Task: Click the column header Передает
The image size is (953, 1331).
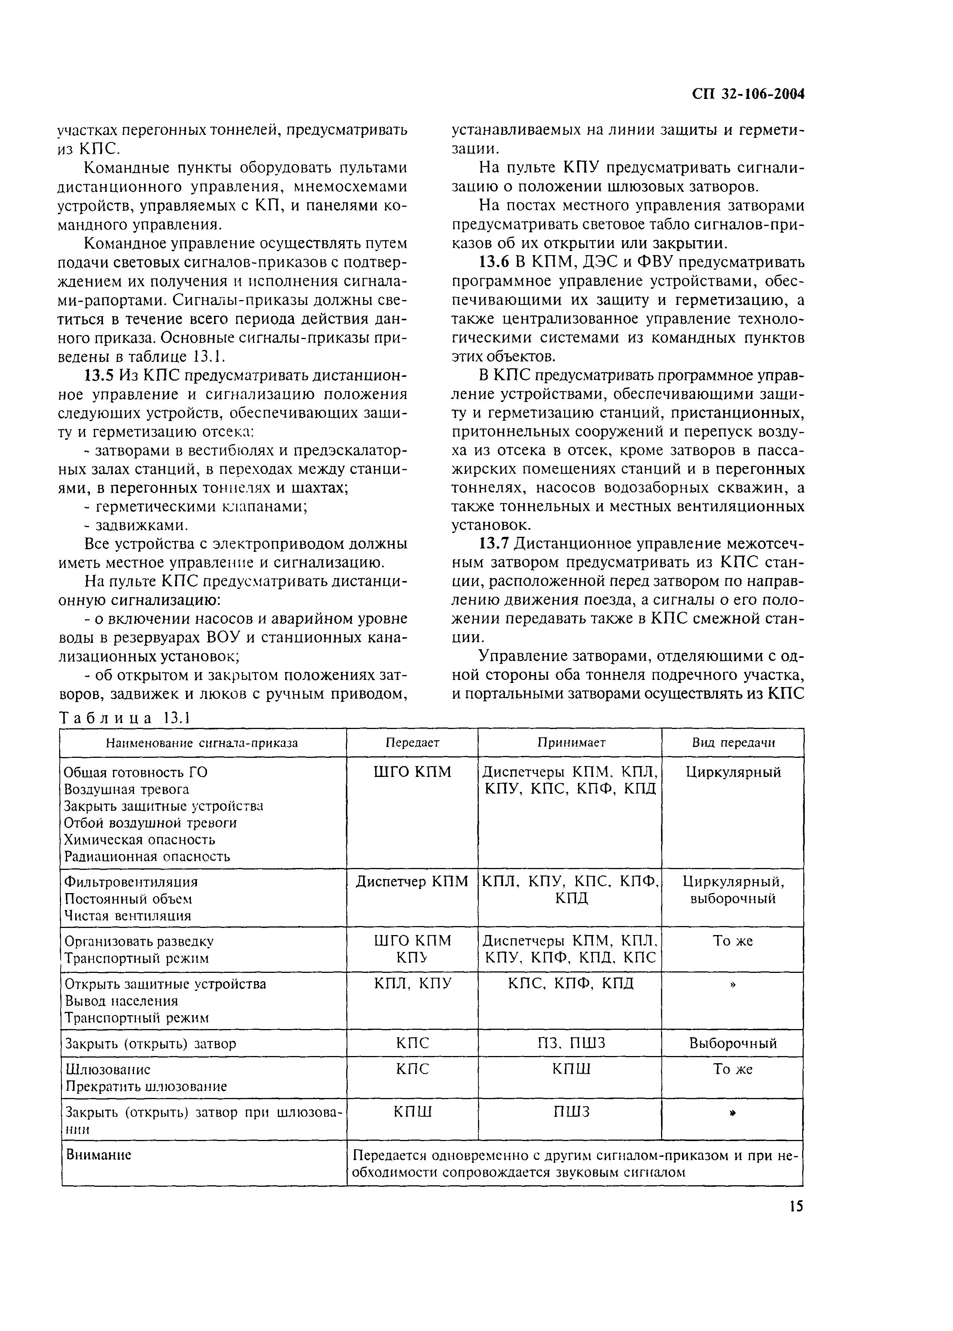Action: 412,742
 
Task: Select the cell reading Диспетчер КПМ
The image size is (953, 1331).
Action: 412,881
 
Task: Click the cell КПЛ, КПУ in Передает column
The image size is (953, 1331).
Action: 412,983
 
